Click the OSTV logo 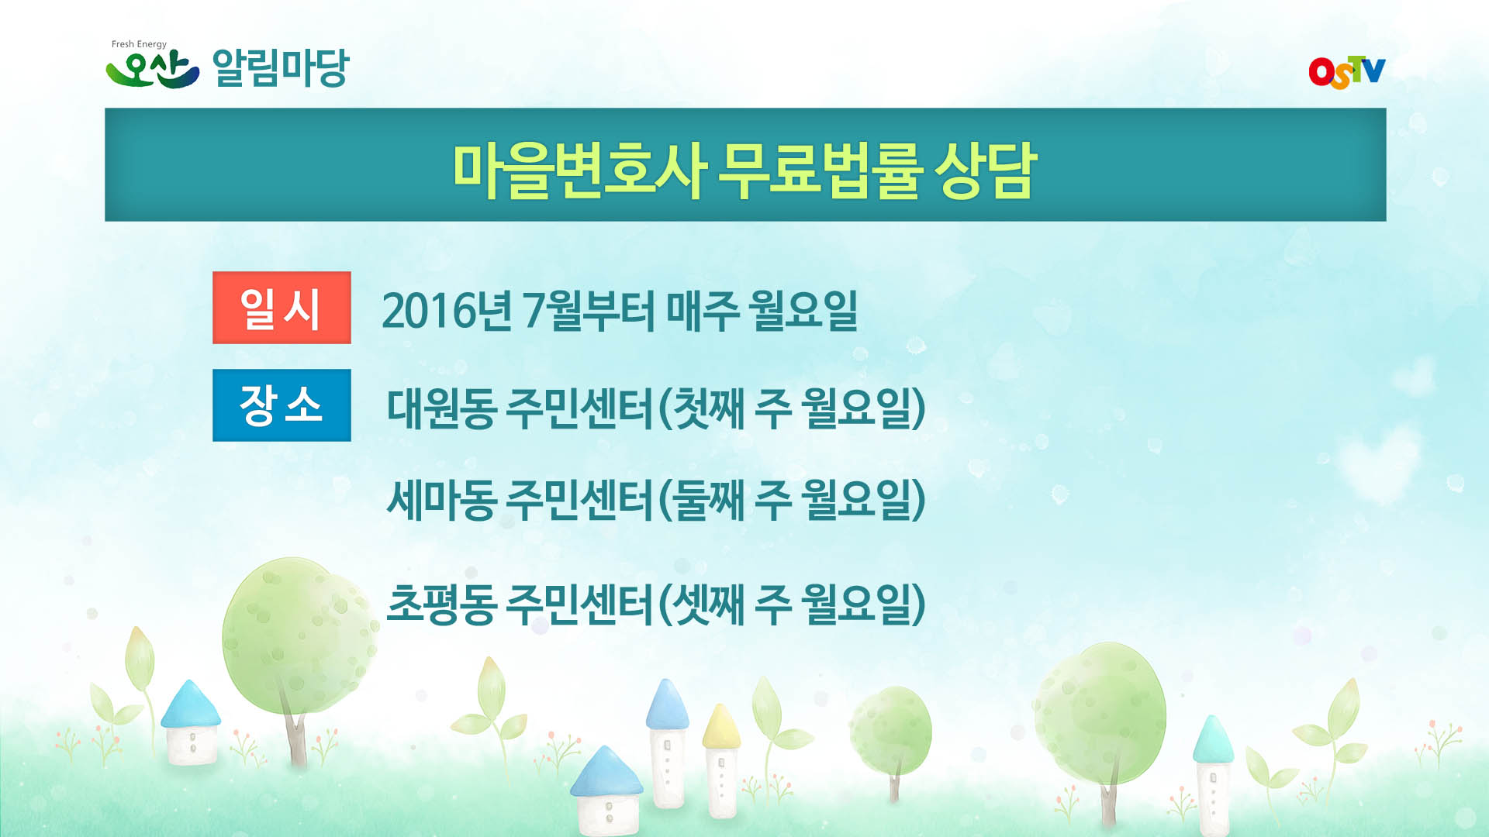1346,72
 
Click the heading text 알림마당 281,68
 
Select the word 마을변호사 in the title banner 579,170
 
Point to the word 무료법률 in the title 820,170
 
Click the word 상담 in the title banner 986,170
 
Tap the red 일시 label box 282,308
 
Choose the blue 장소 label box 282,405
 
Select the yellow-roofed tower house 721,763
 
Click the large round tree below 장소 299,635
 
